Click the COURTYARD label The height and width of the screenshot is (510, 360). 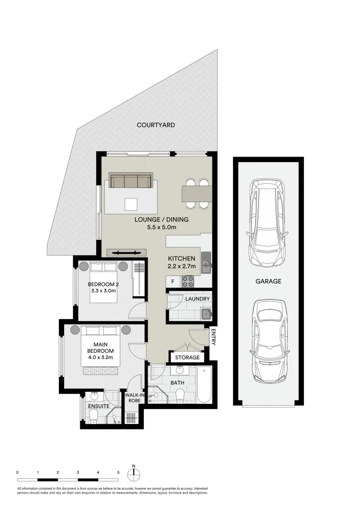(x=156, y=125)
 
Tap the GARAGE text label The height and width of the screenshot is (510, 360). (x=268, y=281)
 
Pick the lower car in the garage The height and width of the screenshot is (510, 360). (x=268, y=340)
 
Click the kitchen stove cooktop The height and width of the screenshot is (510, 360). (x=189, y=281)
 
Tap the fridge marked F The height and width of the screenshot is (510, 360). (x=173, y=282)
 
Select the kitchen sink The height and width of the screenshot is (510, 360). (x=206, y=263)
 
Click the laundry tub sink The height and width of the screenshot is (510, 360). (x=206, y=314)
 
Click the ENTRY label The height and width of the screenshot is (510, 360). (x=213, y=337)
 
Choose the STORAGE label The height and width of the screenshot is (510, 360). (x=187, y=357)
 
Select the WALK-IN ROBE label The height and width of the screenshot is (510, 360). (x=134, y=397)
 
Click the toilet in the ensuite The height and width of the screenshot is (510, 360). (x=93, y=416)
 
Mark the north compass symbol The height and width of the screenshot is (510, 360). (x=134, y=474)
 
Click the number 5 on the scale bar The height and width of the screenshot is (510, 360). (x=118, y=472)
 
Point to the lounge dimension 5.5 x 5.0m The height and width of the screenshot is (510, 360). (x=161, y=227)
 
